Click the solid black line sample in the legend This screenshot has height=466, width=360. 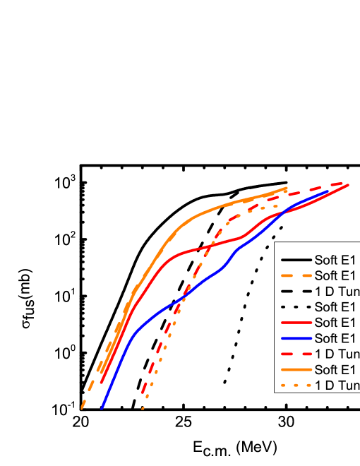tap(295, 260)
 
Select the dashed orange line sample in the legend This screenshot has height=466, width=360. tap(295, 275)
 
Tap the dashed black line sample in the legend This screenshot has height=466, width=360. tap(295, 292)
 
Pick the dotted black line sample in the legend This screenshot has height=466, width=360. tap(295, 307)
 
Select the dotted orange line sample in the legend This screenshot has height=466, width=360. tap(295, 385)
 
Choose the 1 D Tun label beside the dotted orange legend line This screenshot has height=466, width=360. tap(337, 385)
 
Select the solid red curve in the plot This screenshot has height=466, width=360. tap(184, 251)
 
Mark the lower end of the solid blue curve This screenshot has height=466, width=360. tap(102, 407)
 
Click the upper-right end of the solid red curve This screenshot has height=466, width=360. tap(349, 185)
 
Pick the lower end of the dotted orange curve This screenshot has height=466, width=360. tap(143, 408)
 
